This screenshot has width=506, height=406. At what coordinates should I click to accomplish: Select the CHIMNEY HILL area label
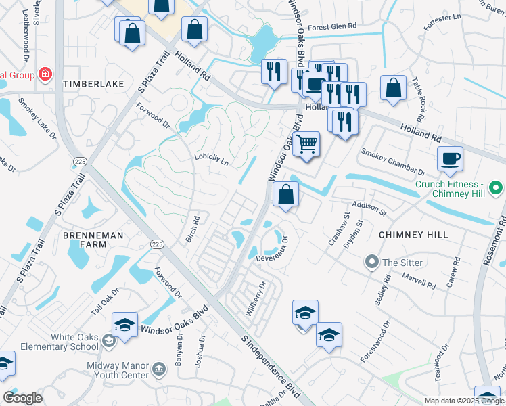[x=413, y=234]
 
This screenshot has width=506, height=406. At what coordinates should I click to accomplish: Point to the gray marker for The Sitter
[x=371, y=262]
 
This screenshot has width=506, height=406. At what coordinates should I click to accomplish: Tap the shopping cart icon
[x=306, y=144]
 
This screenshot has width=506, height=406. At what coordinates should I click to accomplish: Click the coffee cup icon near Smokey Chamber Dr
[x=450, y=160]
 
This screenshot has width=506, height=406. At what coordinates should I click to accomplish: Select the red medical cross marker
[x=45, y=74]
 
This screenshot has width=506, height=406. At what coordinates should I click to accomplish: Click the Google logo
[x=22, y=398]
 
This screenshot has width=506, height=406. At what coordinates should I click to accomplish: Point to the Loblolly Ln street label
[x=212, y=159]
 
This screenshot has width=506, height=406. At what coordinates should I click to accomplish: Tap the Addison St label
[x=368, y=208]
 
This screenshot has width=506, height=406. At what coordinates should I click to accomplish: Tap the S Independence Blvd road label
[x=271, y=366]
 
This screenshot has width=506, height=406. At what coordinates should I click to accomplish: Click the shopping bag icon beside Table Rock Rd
[x=393, y=89]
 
